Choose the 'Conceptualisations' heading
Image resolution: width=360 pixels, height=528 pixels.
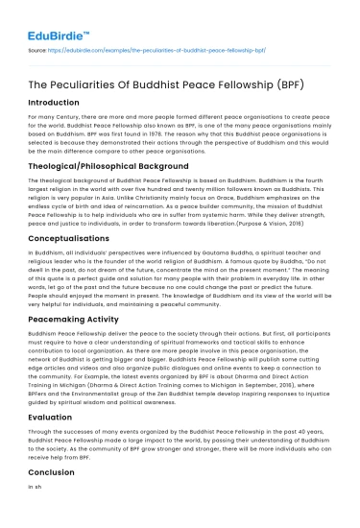point(75,236)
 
